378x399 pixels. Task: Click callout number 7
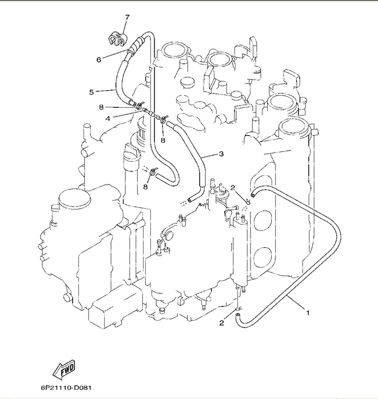[127, 17]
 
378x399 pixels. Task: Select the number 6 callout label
[98, 59]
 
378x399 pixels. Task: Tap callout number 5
[91, 91]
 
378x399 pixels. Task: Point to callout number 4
[108, 119]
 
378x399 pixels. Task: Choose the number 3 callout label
[221, 154]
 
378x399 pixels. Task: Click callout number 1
[308, 312]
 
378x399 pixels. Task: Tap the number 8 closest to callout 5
[101, 107]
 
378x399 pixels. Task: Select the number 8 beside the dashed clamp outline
[145, 186]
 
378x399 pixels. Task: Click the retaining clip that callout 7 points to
[116, 38]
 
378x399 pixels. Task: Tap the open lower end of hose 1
[239, 315]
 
